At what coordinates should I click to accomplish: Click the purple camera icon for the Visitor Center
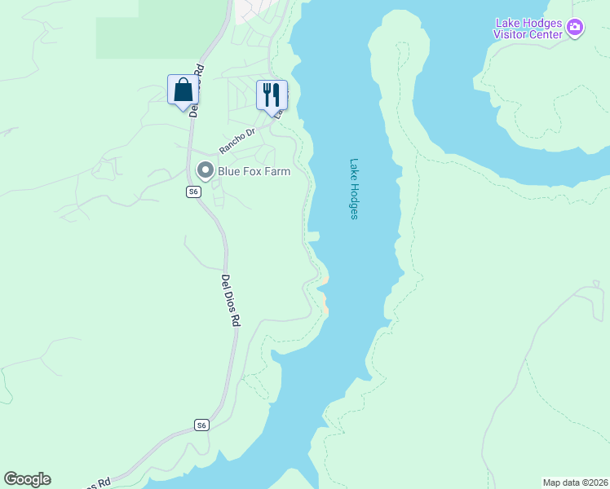coord(576,29)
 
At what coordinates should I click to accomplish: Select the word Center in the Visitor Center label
coord(546,34)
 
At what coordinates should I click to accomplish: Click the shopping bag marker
coord(183,90)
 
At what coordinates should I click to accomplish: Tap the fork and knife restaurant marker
coord(272,95)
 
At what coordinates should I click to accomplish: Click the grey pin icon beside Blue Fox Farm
coord(206,170)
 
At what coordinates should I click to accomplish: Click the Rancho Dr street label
coord(237,140)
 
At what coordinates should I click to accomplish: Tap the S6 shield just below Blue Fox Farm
coord(192,192)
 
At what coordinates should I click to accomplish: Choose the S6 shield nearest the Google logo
coord(202,425)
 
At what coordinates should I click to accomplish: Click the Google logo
coord(27,479)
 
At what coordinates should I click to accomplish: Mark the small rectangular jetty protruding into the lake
coord(313,236)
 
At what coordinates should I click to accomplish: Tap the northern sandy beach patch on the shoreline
coord(325,280)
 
